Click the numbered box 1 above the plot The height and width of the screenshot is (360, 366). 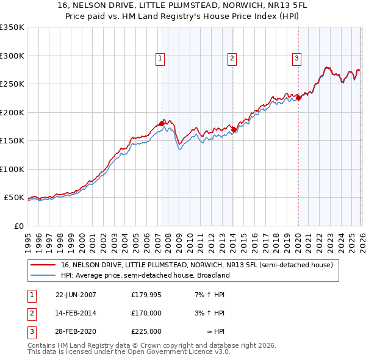pyautogui.click(x=160, y=59)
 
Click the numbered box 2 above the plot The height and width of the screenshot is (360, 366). pyautogui.click(x=232, y=59)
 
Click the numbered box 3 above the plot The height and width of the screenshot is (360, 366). pyautogui.click(x=296, y=59)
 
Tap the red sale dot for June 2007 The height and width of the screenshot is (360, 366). pyautogui.click(x=162, y=124)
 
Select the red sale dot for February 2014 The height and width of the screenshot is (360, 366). pyautogui.click(x=234, y=129)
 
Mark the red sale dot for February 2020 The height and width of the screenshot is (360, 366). pyautogui.click(x=298, y=98)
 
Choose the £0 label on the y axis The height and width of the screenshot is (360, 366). pyautogui.click(x=18, y=226)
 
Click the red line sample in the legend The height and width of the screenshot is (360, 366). pyautogui.click(x=43, y=265)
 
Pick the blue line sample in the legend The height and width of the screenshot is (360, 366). pyautogui.click(x=43, y=276)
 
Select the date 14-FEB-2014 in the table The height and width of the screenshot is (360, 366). pyautogui.click(x=76, y=313)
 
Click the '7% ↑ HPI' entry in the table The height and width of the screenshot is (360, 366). pyautogui.click(x=210, y=295)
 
